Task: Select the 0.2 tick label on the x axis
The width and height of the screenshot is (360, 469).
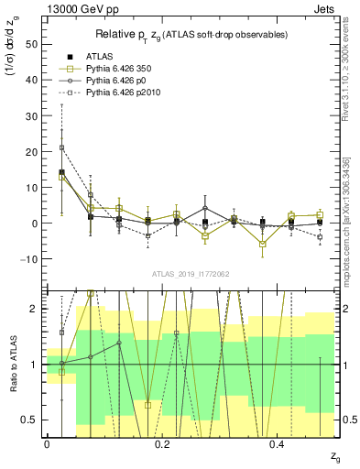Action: point(163,443)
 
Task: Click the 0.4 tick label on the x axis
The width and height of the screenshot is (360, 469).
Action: point(279,443)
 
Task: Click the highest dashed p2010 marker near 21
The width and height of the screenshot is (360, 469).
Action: point(61,147)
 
